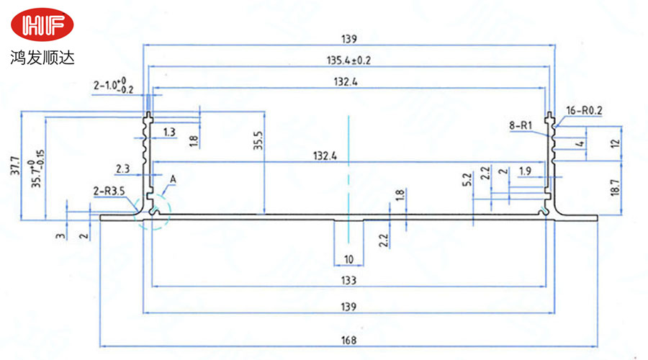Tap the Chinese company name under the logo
pos(42,55)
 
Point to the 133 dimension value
pos(348,279)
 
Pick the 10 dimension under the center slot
pos(348,258)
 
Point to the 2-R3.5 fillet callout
pos(109,192)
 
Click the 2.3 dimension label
pos(122,168)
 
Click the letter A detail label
pos(173,179)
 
